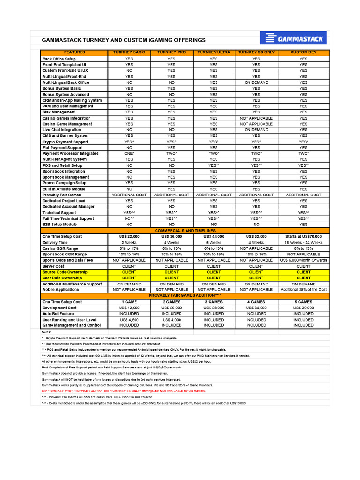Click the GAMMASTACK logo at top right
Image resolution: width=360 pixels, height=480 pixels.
pos(293,38)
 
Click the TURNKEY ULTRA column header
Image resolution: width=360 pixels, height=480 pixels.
pos(214,52)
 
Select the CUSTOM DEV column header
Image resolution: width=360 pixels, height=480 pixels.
pos(303,52)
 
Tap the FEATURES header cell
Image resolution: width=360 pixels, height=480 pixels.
pos(75,52)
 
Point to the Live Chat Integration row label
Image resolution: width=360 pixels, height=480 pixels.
pos(61,130)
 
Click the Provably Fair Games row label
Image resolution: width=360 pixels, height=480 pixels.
pos(61,195)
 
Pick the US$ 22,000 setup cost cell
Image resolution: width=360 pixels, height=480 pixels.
pos(129,237)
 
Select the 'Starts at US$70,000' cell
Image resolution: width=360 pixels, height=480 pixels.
pos(303,237)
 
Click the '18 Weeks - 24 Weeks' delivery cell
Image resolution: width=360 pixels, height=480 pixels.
pos(303,243)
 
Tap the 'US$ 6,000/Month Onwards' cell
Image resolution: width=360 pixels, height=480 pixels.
pos(303,260)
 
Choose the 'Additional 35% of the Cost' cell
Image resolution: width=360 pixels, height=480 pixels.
pos(303,290)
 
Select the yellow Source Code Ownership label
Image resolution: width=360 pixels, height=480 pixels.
pos(65,272)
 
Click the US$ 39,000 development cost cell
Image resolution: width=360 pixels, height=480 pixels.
pos(303,308)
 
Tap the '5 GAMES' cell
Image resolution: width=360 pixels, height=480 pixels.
pos(303,302)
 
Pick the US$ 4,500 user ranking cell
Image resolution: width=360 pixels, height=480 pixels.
pos(129,320)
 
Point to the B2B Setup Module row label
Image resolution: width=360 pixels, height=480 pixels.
pos(59,225)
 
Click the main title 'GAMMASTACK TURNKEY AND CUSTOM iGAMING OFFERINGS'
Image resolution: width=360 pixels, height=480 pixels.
pos(124,40)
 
